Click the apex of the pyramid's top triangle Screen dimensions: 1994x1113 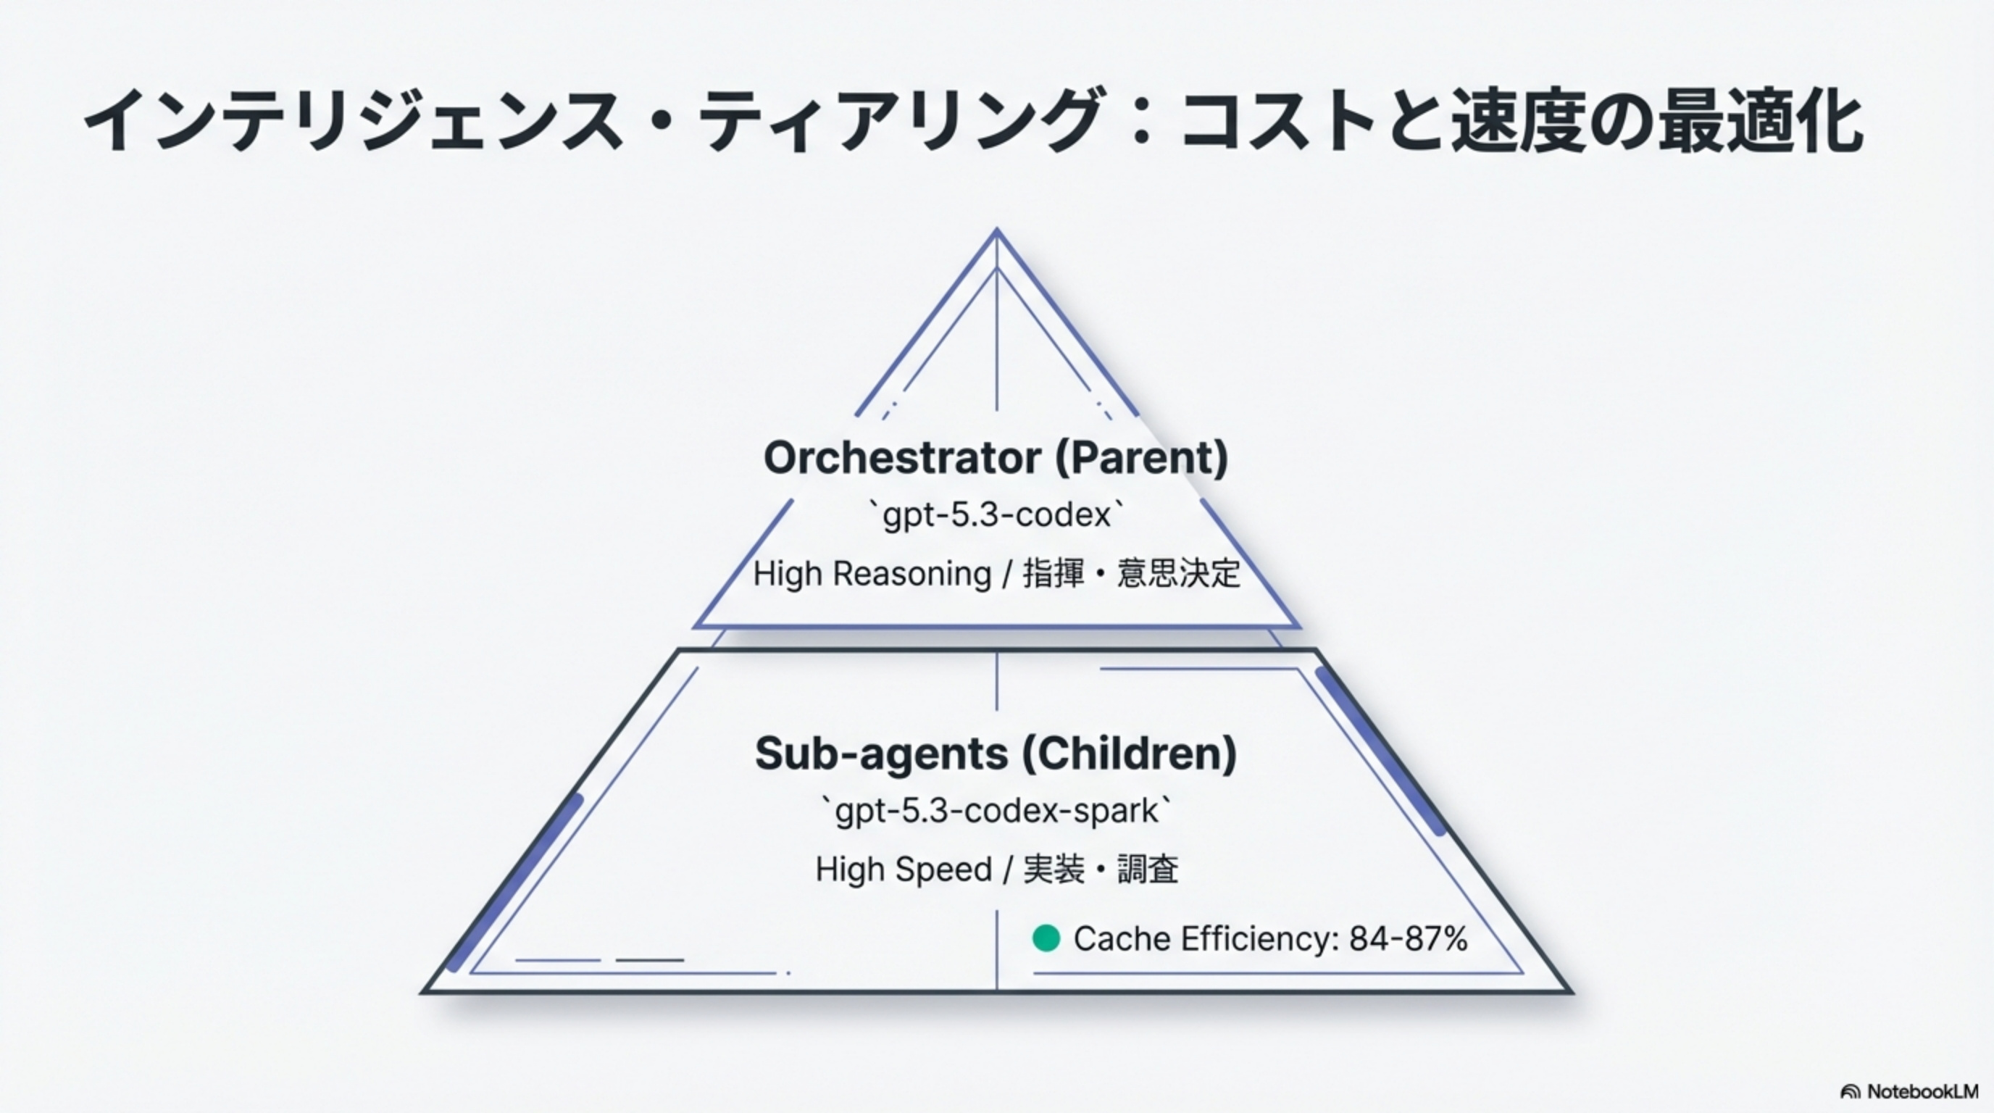tap(996, 230)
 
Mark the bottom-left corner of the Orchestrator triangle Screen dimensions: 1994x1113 tap(695, 625)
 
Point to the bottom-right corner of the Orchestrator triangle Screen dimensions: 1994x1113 tap(1298, 625)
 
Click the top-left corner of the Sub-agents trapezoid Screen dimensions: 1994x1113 tap(679, 650)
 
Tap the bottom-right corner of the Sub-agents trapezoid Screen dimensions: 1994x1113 tap(1572, 991)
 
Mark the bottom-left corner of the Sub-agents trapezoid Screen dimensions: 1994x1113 tap(422, 991)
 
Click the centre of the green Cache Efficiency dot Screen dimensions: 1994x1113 tap(1046, 938)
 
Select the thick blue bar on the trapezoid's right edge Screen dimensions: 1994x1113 tap(1380, 751)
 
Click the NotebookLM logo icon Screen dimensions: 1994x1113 tap(1850, 1092)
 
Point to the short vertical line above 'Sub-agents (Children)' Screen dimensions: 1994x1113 tap(996, 680)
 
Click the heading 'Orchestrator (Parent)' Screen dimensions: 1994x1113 tap(996, 457)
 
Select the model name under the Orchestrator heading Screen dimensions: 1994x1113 tap(996, 514)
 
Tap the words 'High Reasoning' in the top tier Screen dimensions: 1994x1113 tap(872, 573)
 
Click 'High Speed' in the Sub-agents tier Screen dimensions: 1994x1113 tap(904, 870)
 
